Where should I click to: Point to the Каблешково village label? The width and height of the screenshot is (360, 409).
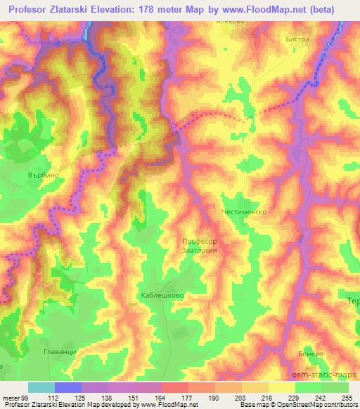(162, 296)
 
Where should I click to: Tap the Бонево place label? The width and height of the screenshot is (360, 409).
(310, 357)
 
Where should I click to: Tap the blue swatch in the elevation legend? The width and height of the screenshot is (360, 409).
(67, 388)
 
